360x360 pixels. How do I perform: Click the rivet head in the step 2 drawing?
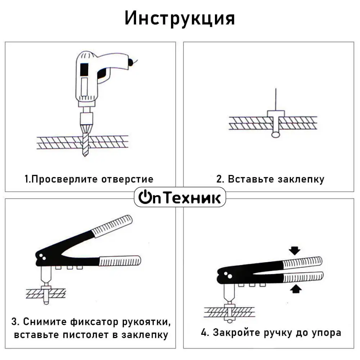click(276, 114)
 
